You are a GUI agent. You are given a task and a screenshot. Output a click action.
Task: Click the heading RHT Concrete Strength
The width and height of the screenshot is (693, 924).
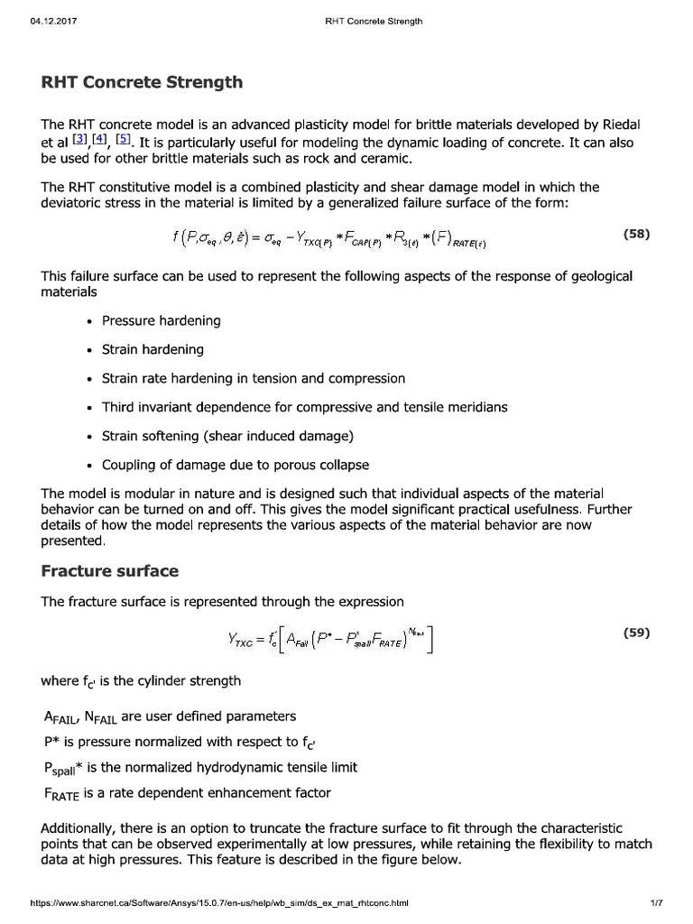tap(143, 82)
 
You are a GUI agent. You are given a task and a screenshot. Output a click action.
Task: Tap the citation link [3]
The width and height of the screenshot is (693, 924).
tap(79, 142)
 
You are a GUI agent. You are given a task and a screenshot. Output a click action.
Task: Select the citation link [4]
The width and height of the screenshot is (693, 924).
tap(99, 142)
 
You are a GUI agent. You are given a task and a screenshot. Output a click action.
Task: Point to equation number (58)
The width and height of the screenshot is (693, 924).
tap(636, 234)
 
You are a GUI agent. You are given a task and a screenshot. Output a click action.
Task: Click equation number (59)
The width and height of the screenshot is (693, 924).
tap(636, 633)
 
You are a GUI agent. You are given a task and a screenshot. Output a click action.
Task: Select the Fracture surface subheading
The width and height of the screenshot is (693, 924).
tap(110, 571)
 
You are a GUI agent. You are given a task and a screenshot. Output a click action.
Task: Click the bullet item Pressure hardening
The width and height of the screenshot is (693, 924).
tap(161, 320)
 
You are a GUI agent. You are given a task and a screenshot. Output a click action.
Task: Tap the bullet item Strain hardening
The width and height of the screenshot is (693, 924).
tap(152, 349)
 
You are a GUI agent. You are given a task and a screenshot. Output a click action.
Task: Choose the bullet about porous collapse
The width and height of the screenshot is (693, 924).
tap(235, 466)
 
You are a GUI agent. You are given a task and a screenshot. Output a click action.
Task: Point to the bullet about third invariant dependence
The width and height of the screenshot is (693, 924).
tap(304, 407)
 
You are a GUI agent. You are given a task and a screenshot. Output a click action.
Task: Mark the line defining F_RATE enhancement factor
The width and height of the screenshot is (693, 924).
tap(187, 793)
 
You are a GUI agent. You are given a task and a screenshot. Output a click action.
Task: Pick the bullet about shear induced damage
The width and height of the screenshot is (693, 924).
tap(227, 436)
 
